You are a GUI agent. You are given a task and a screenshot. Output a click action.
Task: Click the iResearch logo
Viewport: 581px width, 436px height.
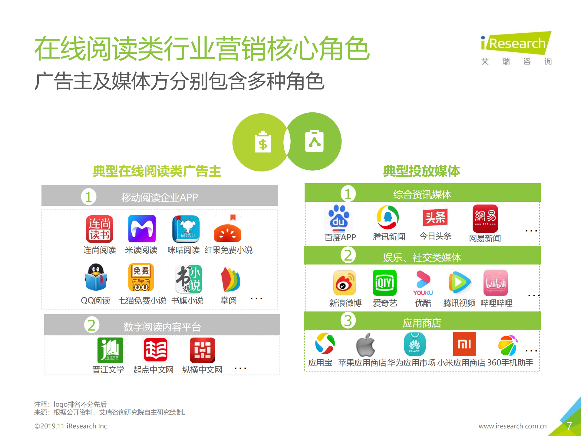pos(516,44)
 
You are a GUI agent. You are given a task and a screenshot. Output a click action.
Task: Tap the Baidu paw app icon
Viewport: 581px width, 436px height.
pos(339,218)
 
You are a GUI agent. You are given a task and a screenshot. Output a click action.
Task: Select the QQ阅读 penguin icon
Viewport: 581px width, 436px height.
pos(96,278)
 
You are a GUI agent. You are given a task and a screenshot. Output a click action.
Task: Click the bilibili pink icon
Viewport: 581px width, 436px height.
pos(495,283)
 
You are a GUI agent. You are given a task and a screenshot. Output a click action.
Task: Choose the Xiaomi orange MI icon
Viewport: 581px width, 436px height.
pos(464,344)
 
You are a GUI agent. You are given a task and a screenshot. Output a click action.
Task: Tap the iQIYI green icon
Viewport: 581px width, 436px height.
pos(385,283)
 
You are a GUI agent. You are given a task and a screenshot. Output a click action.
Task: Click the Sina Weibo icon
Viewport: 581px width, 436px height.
pos(344,283)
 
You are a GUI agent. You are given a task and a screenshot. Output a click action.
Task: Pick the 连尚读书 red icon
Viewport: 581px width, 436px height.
pos(99,229)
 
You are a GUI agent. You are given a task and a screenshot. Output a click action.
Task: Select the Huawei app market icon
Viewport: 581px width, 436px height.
pos(414,344)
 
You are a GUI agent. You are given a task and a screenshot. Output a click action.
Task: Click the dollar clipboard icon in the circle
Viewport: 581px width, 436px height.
pos(263,142)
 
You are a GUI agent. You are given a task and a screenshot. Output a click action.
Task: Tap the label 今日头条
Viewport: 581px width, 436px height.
pos(435,236)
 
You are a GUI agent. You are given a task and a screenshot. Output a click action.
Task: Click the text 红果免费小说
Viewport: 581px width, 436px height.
pos(229,250)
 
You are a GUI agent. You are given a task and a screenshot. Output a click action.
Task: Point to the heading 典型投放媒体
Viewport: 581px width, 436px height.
pos(421,171)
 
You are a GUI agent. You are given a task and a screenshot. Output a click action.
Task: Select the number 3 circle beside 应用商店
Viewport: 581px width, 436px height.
pos(348,321)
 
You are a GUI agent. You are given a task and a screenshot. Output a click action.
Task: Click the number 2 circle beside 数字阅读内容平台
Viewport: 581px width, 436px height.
pos(91,325)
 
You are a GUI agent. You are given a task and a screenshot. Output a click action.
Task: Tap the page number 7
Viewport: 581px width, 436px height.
pos(569,426)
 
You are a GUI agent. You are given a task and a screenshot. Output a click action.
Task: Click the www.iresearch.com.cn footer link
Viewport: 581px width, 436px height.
pos(513,426)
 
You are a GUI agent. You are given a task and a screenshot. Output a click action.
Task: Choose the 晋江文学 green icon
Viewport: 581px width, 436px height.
pos(110,350)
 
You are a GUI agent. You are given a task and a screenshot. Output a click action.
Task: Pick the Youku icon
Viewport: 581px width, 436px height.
pos(423,283)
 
